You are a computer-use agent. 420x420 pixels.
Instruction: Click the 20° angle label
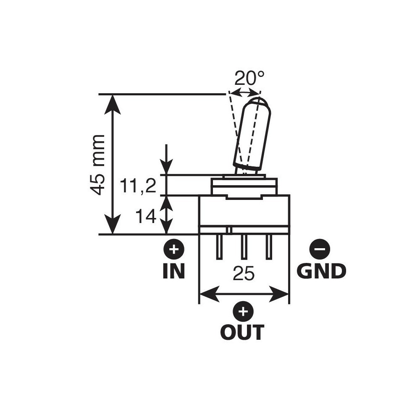249,78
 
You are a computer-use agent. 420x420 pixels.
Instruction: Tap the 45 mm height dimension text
98,165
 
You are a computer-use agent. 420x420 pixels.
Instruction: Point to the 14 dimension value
146,217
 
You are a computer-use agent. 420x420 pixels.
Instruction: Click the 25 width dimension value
244,274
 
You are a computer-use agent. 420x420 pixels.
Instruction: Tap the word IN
173,271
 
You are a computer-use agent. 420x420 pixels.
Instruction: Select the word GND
321,271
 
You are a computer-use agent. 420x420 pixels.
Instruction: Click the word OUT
242,333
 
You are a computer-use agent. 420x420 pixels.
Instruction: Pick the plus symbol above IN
173,250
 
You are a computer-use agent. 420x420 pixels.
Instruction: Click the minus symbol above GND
320,250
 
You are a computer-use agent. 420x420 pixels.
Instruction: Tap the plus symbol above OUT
242,312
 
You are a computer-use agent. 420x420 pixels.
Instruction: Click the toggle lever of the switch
252,134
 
